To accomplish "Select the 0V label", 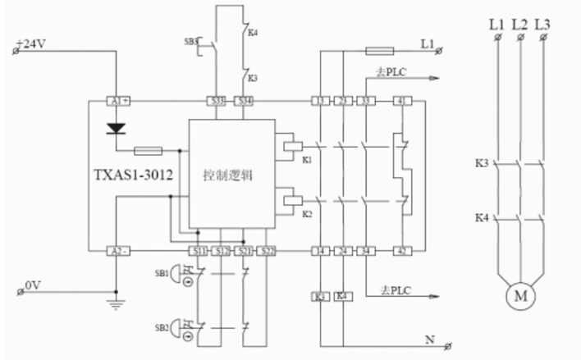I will (x=32, y=285).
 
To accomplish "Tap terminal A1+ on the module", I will (x=119, y=101).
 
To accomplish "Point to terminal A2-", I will (x=119, y=249).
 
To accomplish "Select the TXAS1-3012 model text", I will (x=134, y=175).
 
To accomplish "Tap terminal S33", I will (x=216, y=101).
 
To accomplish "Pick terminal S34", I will (x=244, y=101).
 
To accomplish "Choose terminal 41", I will (x=401, y=101).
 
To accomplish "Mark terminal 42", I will (x=401, y=249).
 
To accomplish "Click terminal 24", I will (x=341, y=249).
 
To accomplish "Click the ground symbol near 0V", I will (x=117, y=303).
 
